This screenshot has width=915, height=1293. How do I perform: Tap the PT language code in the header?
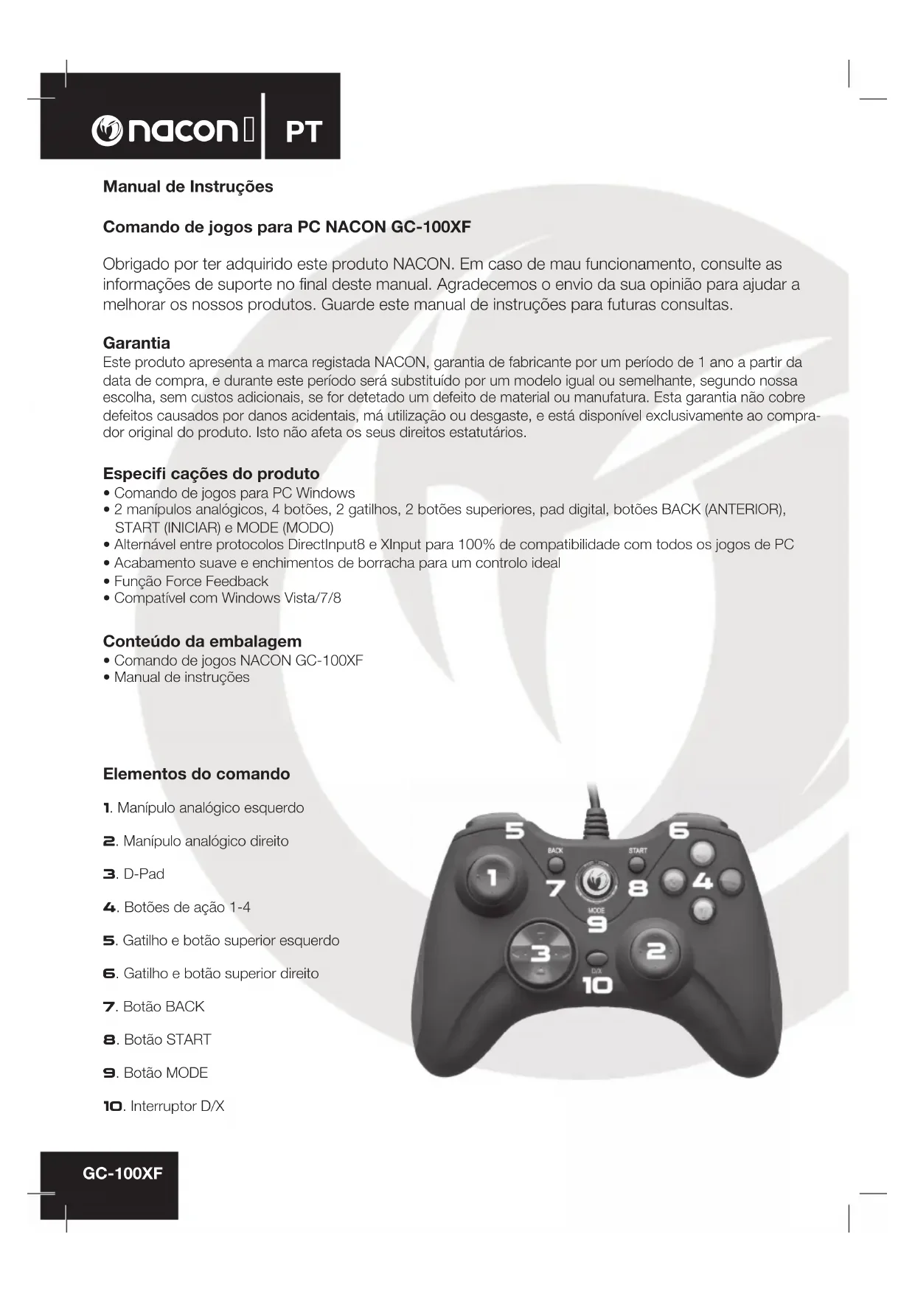[303, 132]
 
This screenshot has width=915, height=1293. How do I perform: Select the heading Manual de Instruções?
[188, 187]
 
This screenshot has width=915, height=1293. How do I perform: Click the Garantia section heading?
[136, 343]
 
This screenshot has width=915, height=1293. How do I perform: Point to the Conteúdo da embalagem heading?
[202, 641]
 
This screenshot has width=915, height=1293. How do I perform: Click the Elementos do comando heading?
[196, 774]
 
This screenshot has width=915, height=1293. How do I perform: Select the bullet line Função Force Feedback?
[191, 581]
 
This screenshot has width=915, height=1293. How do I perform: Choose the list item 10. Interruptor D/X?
[164, 1106]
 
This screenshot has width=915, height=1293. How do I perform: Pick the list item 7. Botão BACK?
[154, 1007]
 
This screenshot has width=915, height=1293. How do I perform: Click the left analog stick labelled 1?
[493, 878]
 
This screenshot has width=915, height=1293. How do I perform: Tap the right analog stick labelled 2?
[654, 952]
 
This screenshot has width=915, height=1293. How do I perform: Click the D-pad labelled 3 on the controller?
[540, 955]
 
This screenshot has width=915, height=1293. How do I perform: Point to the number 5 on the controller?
[514, 831]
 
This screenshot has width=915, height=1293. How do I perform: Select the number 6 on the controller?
[678, 831]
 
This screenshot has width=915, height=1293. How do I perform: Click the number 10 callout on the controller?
[597, 985]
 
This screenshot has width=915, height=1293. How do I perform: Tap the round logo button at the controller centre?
[596, 881]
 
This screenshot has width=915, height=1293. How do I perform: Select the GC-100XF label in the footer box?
[122, 1174]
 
